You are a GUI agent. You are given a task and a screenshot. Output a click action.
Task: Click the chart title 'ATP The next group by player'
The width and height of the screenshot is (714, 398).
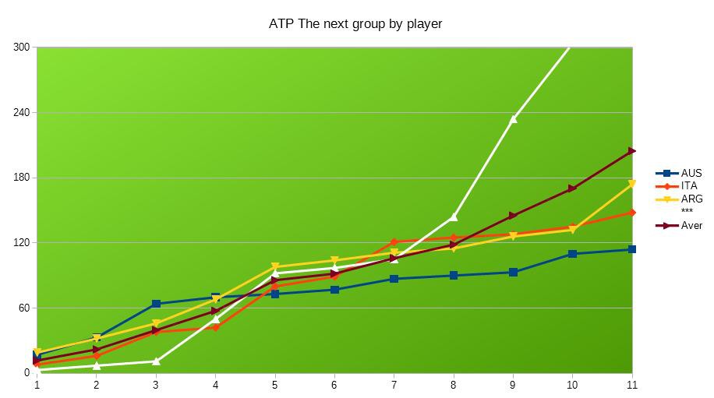tap(355, 23)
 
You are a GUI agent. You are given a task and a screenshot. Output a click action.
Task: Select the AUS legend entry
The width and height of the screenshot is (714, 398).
tap(691, 174)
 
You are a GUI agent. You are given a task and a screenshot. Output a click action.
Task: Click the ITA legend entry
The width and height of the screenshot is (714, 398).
tap(688, 186)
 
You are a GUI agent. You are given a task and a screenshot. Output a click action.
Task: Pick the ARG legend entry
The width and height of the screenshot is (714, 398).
tap(691, 199)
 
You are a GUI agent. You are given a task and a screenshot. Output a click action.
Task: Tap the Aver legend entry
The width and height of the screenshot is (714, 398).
tap(691, 226)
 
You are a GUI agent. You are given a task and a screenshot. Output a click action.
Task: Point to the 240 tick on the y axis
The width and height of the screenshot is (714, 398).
tap(22, 112)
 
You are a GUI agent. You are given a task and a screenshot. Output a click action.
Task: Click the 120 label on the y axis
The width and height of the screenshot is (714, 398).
tap(22, 243)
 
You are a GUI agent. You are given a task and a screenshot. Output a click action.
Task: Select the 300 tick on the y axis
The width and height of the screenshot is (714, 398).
tap(22, 48)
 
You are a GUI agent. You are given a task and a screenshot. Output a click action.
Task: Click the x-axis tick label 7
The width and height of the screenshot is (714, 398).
tap(394, 385)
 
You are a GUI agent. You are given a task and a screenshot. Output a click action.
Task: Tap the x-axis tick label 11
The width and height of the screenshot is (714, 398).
tap(631, 385)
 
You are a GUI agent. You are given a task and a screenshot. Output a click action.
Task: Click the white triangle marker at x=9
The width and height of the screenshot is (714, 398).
tap(513, 119)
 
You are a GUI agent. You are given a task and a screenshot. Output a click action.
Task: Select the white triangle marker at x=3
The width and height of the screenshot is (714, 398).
tap(156, 361)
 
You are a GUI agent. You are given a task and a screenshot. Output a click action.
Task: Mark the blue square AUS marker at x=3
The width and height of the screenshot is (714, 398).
tap(156, 304)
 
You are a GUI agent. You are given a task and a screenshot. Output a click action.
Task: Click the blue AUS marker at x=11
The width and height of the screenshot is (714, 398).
tap(631, 249)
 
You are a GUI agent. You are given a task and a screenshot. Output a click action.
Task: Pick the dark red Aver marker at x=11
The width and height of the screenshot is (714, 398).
tap(631, 151)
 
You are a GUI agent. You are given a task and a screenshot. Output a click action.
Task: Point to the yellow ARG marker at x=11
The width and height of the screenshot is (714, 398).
tap(631, 185)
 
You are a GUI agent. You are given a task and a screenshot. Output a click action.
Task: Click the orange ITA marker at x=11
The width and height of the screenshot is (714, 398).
tap(631, 213)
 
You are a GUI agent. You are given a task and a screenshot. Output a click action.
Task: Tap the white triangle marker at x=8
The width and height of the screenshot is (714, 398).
tap(454, 217)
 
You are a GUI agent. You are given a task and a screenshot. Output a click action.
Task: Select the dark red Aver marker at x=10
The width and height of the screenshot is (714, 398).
tap(572, 188)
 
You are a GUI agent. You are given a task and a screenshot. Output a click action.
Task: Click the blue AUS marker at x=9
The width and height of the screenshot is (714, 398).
tap(513, 272)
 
